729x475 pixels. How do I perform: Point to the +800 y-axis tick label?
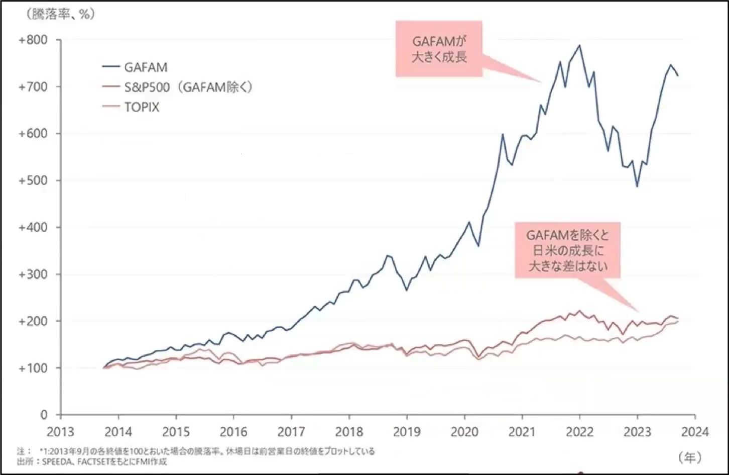point(33,40)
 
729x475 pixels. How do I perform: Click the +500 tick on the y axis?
point(33,180)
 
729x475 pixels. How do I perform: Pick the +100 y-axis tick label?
point(33,368)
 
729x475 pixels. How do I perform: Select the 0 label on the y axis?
point(44,415)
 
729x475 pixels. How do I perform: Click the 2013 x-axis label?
point(60,432)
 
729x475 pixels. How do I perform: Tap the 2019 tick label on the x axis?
point(407,432)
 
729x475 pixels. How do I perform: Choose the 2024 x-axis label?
point(695,432)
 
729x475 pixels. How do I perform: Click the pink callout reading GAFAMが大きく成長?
point(439,49)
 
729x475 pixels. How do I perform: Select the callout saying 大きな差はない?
point(568,250)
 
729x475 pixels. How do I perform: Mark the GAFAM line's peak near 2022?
point(580,45)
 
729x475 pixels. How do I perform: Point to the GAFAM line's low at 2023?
point(637,186)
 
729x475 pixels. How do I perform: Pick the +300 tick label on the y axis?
point(33,274)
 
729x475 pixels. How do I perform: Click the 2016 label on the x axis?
point(233,432)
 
